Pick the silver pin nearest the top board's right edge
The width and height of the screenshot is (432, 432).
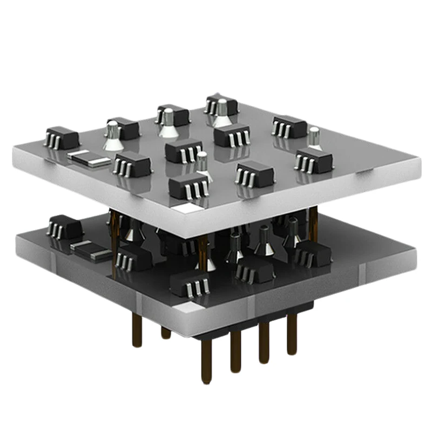(x=314, y=137)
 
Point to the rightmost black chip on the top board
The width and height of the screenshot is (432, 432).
(x=313, y=160)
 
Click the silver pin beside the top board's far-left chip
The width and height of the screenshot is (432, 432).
(x=112, y=136)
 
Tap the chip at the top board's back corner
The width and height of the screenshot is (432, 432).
(x=221, y=104)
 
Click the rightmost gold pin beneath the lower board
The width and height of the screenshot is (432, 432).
(x=292, y=335)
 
